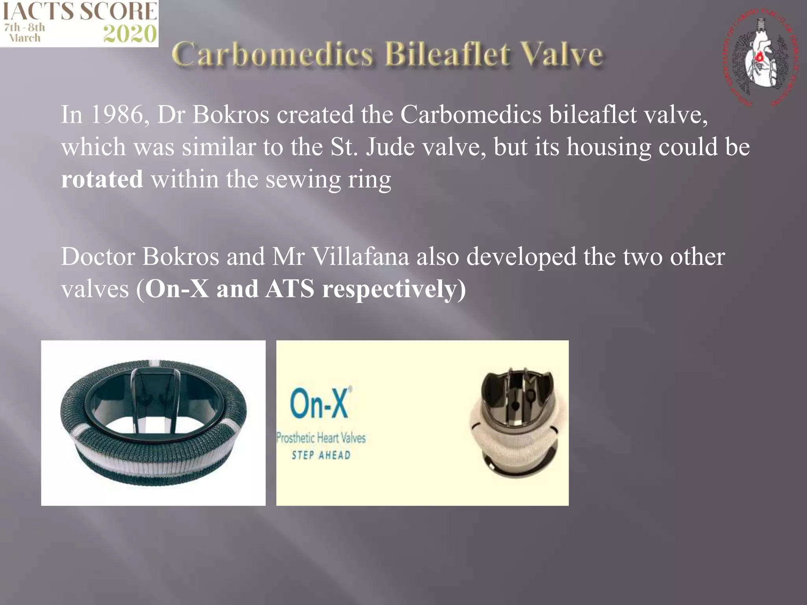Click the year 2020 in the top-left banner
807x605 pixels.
130,34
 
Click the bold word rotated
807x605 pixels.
102,179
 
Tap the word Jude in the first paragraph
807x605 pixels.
390,147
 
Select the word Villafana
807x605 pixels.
361,256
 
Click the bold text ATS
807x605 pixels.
290,289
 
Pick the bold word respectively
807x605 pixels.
394,290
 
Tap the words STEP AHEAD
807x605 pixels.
321,455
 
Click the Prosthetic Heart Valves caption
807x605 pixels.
321,438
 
